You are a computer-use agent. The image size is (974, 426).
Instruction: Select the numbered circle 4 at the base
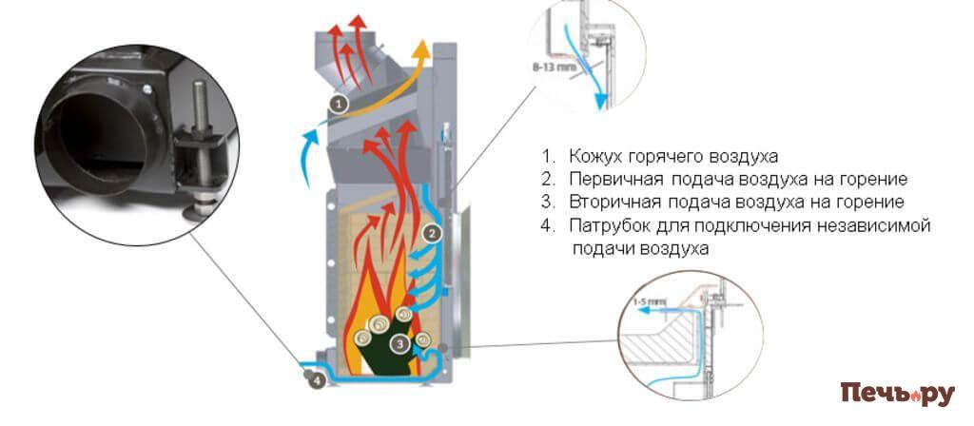tap(316, 379)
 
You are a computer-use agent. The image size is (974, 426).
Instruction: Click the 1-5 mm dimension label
tap(648, 301)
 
